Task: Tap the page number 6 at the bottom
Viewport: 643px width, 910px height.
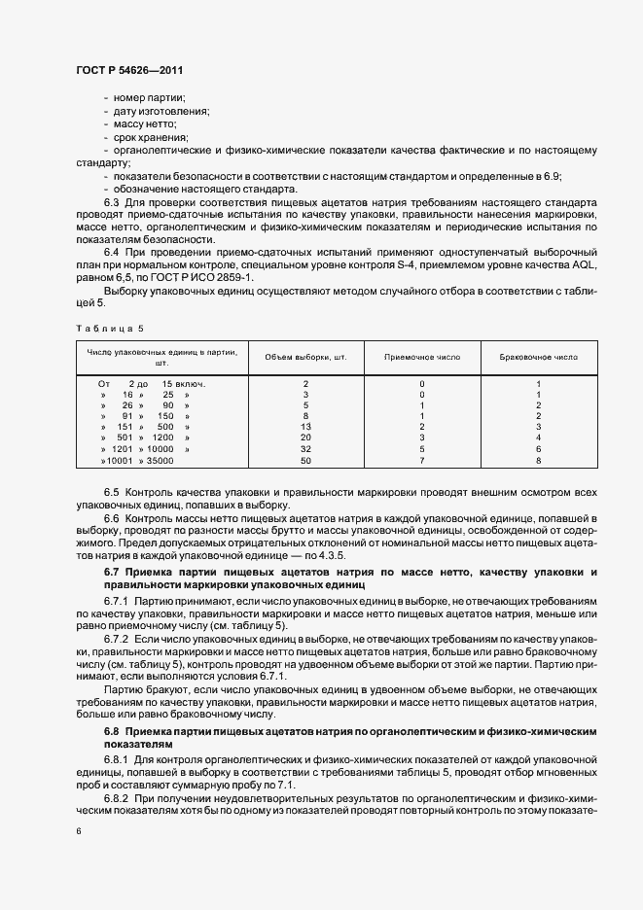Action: click(79, 831)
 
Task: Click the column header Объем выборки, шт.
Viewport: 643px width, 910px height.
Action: click(305, 357)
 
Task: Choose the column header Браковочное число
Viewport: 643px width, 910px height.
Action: click(538, 357)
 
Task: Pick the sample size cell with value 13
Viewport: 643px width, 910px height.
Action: click(305, 427)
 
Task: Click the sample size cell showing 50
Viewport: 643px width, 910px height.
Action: click(305, 460)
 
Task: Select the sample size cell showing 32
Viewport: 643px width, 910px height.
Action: click(305, 449)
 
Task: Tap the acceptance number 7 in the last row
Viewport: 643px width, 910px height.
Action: click(421, 460)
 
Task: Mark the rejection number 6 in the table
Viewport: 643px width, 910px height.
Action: click(538, 449)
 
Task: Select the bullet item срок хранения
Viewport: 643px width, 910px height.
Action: click(152, 138)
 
